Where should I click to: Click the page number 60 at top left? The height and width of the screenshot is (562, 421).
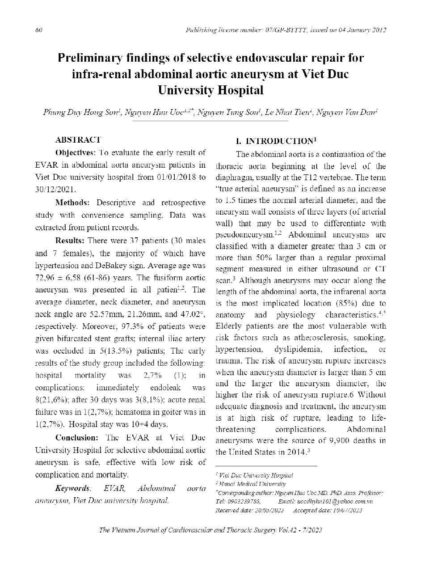38,30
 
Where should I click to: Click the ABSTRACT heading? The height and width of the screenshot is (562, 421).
78,140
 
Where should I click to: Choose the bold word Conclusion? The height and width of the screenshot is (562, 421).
76,437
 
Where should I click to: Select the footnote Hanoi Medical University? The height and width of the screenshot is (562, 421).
252,484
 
